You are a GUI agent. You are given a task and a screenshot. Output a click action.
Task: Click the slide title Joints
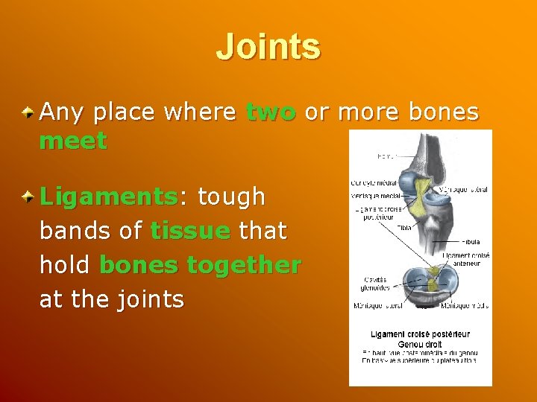[268, 46]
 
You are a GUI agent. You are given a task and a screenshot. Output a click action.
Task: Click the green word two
[271, 112]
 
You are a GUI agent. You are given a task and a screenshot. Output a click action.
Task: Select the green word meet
[73, 141]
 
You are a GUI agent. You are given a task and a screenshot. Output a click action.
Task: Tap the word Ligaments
[107, 197]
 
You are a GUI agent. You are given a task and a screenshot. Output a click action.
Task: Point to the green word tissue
[189, 232]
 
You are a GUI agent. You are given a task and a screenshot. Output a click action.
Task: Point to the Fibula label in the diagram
[471, 242]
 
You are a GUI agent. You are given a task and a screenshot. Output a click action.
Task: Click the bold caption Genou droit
[420, 345]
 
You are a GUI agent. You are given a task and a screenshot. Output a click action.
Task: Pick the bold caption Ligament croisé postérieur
[420, 334]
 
